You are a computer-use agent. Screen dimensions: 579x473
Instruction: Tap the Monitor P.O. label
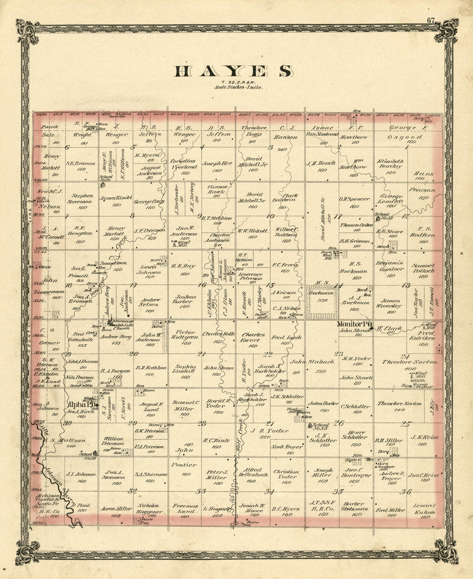click(x=353, y=324)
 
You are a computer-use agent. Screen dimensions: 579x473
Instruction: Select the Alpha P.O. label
click(x=80, y=405)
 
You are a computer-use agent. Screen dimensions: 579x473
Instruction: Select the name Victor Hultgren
click(x=184, y=335)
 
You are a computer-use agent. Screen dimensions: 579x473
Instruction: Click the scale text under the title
click(x=238, y=87)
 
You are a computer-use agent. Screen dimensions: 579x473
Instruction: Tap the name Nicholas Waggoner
click(x=150, y=509)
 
